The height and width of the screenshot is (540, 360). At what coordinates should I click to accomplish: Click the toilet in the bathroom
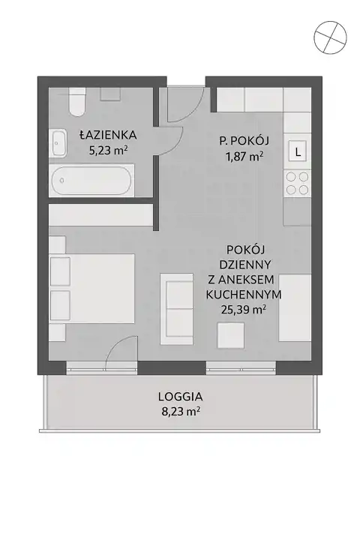pos(76,102)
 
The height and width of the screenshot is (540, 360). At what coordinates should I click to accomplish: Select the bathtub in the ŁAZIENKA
pos(91,181)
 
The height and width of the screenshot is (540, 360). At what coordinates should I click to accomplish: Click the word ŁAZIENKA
pos(108,135)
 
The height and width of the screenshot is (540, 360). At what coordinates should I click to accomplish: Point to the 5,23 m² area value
pos(109,150)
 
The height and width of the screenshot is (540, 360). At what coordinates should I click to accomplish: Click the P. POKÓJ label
pos(244,140)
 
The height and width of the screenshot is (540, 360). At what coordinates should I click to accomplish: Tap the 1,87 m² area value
pos(244,156)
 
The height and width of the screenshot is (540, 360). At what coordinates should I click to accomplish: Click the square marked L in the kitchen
pos(298,151)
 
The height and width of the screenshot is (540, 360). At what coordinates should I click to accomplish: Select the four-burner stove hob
pos(298,184)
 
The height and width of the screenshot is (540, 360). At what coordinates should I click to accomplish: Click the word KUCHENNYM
pos(244,295)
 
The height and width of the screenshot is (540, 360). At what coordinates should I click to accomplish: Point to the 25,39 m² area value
pos(244,310)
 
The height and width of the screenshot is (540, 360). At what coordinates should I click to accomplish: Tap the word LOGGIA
pos(181,397)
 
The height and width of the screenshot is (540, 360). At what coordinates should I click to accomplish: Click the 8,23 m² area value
pos(181,412)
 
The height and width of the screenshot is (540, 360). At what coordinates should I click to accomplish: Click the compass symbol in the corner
pos(331,37)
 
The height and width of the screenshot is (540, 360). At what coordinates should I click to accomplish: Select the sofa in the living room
pos(176,308)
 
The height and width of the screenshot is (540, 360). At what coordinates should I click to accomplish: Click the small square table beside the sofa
pos(231,334)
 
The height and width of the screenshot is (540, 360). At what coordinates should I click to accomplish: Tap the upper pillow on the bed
pos(60,271)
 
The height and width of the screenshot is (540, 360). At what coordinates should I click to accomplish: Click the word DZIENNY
pos(245,265)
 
